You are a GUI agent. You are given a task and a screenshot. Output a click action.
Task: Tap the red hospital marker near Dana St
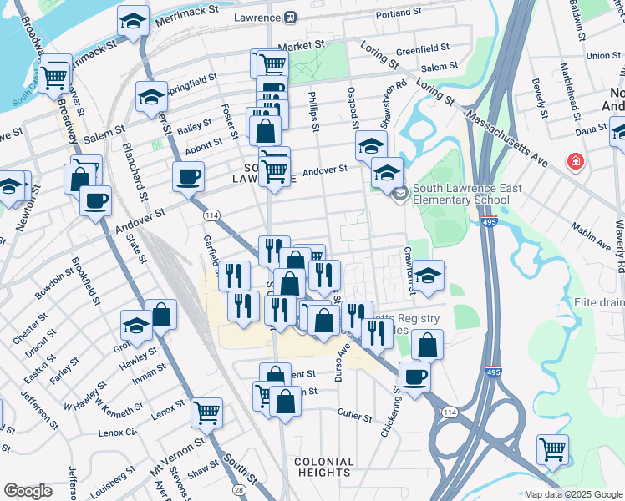pyautogui.click(x=575, y=160)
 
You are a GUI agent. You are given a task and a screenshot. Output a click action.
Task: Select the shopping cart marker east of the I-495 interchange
pyautogui.click(x=552, y=449)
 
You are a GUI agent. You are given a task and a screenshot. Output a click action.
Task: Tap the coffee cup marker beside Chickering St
pyautogui.click(x=414, y=377)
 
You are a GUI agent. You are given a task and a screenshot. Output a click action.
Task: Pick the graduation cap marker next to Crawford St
pyautogui.click(x=428, y=276)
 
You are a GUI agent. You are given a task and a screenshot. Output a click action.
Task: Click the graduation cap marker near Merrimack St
pyautogui.click(x=133, y=21)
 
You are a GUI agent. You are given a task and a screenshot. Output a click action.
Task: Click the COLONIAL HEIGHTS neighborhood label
pyautogui.click(x=324, y=467)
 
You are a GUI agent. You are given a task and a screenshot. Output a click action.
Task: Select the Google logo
pyautogui.click(x=28, y=491)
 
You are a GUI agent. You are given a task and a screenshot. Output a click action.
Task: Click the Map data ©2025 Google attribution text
pyautogui.click(x=573, y=494)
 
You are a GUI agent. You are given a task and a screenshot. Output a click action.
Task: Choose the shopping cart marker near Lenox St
pyautogui.click(x=206, y=412)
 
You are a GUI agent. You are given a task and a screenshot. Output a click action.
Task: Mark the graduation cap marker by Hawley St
pyautogui.click(x=136, y=326)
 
